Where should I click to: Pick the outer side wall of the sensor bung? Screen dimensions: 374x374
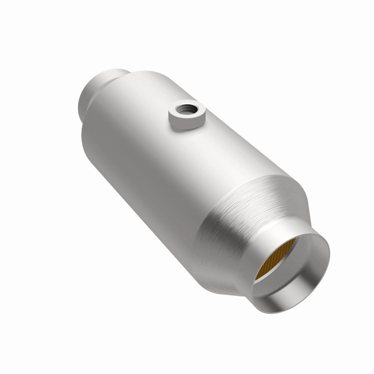[x=187, y=125]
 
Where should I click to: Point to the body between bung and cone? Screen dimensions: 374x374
[x=187, y=164]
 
